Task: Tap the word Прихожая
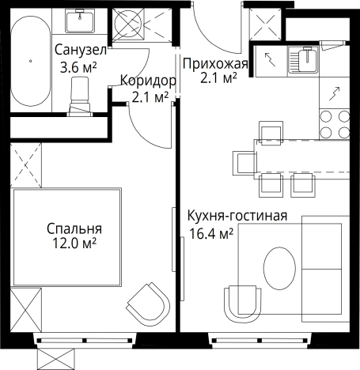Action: (214, 63)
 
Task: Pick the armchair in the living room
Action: (242, 300)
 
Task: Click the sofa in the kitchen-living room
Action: (324, 269)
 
